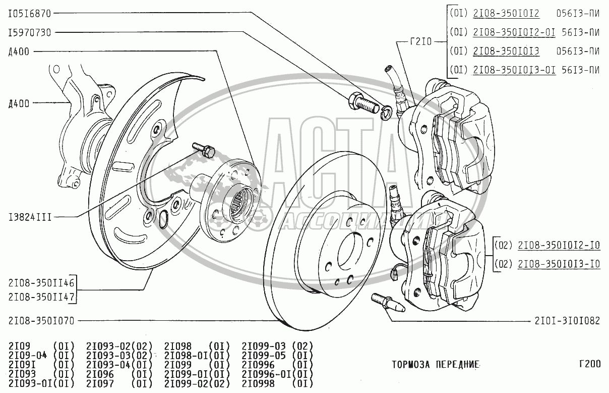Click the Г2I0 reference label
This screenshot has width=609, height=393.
(421, 42)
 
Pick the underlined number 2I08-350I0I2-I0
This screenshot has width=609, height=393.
(559, 245)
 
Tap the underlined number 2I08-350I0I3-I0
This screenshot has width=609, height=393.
(559, 264)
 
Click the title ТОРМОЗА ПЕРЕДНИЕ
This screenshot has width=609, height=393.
(435, 364)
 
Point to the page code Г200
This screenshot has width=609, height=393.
(589, 364)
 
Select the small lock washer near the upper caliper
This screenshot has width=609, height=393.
(386, 112)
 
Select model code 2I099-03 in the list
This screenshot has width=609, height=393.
(264, 346)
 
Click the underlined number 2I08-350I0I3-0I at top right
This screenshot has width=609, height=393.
(514, 70)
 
